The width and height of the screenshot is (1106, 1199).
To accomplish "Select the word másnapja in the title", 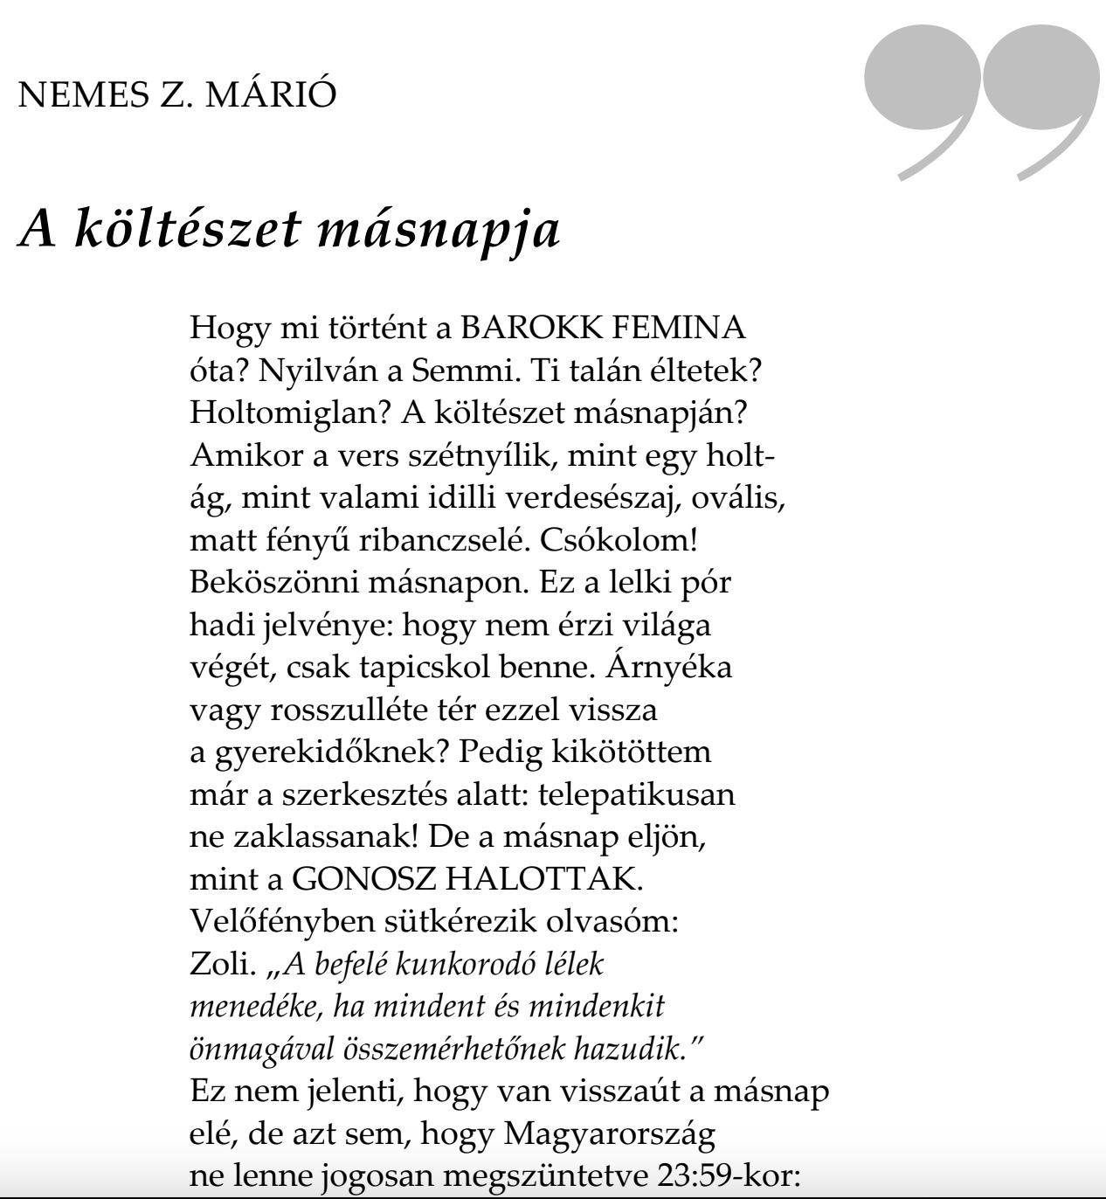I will tap(437, 230).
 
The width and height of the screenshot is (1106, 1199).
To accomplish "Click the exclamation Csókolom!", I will tap(619, 540).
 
